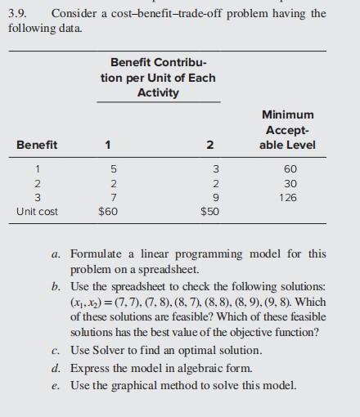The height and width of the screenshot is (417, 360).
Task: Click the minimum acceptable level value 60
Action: tap(289, 168)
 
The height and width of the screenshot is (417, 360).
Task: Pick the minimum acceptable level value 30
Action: tap(289, 183)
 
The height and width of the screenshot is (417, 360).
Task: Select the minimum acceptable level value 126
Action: tap(289, 197)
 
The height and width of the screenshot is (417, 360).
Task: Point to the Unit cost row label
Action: tap(38, 212)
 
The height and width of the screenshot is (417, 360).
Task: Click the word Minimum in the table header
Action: tap(288, 115)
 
